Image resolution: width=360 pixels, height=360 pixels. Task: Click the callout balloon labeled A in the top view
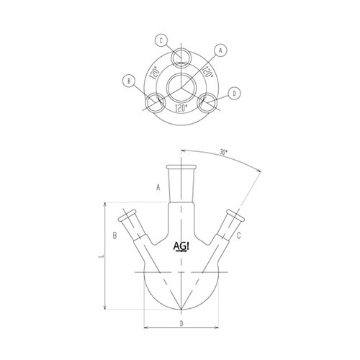pyautogui.click(x=221, y=50)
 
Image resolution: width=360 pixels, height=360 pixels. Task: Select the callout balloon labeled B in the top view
pyautogui.click(x=130, y=81)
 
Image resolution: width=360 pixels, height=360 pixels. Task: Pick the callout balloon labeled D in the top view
pyautogui.click(x=235, y=93)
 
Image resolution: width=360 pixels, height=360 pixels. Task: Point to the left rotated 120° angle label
pyautogui.click(x=154, y=73)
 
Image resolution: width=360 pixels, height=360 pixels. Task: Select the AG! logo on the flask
pyautogui.click(x=182, y=247)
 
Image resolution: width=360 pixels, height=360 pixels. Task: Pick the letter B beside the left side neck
pyautogui.click(x=114, y=235)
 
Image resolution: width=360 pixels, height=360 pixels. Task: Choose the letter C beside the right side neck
pyautogui.click(x=247, y=235)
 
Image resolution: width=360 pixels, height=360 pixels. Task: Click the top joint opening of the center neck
pyautogui.click(x=181, y=168)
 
